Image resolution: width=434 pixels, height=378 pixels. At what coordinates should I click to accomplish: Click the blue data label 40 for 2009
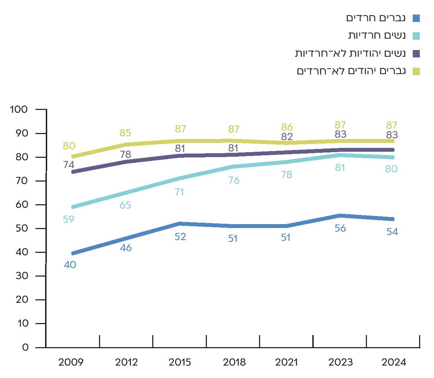pos(70,265)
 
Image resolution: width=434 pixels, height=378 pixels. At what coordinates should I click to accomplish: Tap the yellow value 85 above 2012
pos(125,133)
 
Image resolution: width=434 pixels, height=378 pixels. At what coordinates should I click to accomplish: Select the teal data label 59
pos(68,219)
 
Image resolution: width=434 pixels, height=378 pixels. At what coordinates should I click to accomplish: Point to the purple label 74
pos(68,165)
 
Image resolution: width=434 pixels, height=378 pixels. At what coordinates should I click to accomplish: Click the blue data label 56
pos(340,228)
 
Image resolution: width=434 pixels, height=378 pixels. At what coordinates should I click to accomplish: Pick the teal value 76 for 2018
pos(234,180)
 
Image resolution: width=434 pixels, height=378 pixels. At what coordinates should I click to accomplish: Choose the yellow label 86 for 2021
pos(287,127)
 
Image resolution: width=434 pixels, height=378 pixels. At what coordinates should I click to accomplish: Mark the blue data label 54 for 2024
pos(392,232)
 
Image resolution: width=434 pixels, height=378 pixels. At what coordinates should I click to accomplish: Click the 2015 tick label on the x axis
pos(180,362)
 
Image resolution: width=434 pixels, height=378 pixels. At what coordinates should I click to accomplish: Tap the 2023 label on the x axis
pos(340,362)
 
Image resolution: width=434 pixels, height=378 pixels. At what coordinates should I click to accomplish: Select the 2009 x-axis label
pos(71,362)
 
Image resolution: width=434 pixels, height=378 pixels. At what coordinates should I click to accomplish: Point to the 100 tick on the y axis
pos(19,109)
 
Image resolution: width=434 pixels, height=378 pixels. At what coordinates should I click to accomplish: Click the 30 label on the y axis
pos(22,276)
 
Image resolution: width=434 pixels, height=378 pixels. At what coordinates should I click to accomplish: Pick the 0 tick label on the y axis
pos(25,347)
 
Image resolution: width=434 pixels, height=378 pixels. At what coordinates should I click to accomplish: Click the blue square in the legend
pos(416,18)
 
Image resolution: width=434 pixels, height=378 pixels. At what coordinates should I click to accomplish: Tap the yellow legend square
pos(416,71)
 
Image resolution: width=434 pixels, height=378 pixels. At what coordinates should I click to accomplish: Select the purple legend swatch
pos(416,54)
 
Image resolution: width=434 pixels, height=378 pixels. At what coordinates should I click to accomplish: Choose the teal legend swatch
pos(416,36)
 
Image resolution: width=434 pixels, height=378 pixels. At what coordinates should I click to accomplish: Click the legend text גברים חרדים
pos(376,18)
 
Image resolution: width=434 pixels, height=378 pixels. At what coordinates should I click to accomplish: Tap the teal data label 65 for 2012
pos(125,205)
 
